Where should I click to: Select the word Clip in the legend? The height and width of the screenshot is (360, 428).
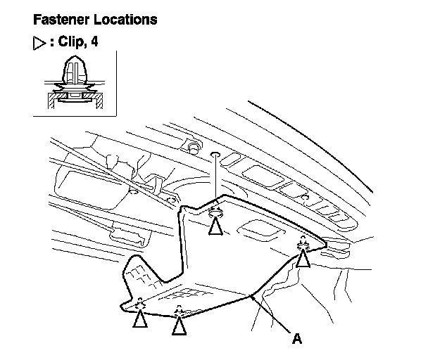pyautogui.click(x=71, y=42)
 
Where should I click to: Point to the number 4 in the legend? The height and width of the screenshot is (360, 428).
pyautogui.click(x=94, y=42)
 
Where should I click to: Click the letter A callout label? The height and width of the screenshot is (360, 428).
pyautogui.click(x=296, y=339)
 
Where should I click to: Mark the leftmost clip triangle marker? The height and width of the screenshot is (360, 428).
pyautogui.click(x=140, y=319)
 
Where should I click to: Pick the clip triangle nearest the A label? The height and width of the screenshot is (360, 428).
pyautogui.click(x=180, y=324)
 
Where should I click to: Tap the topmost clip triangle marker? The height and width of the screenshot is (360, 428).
pyautogui.click(x=216, y=225)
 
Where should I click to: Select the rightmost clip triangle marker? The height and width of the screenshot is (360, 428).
pyautogui.click(x=303, y=258)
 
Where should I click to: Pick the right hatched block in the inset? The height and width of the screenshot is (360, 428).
pyautogui.click(x=101, y=103)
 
